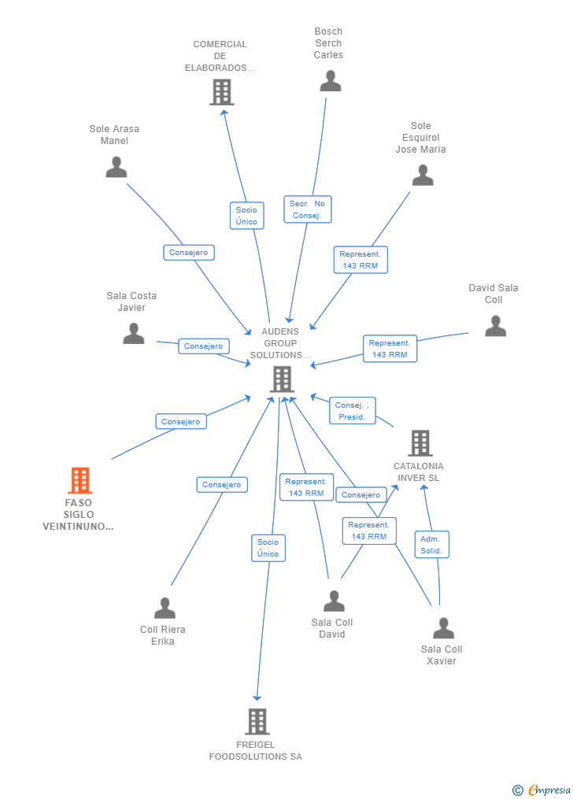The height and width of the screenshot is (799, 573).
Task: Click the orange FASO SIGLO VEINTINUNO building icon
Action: tap(79, 480)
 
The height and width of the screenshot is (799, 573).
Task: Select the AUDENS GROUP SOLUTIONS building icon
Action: tap(281, 379)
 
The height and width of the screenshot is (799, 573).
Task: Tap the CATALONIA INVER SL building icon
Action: tap(420, 443)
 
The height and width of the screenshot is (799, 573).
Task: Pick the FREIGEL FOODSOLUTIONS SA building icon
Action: tap(257, 721)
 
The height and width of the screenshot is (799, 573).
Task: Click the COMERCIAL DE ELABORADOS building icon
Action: tap(221, 92)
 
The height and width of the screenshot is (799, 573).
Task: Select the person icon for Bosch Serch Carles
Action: tap(330, 81)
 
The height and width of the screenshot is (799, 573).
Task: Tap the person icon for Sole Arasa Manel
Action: tap(116, 167)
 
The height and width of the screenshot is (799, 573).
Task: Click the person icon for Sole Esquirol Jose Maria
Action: tap(423, 176)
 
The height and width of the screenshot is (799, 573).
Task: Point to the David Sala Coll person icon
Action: tap(495, 326)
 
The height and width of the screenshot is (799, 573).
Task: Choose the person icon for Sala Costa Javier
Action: tap(134, 334)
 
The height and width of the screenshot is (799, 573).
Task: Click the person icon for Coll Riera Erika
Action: tap(165, 608)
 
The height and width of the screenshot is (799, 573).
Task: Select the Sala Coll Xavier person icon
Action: tap(443, 628)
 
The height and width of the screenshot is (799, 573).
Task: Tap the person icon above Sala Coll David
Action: tap(334, 601)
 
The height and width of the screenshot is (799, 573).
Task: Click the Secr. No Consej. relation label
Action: tap(307, 209)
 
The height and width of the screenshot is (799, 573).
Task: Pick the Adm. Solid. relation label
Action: tap(431, 544)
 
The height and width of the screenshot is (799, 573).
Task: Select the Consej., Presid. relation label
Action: tap(352, 411)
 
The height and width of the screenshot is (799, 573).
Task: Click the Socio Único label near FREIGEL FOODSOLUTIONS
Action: tap(268, 548)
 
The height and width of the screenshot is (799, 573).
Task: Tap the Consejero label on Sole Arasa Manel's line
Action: tap(189, 253)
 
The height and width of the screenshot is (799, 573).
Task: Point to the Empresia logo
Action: tap(542, 790)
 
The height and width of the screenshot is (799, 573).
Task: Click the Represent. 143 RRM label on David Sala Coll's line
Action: tap(390, 349)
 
